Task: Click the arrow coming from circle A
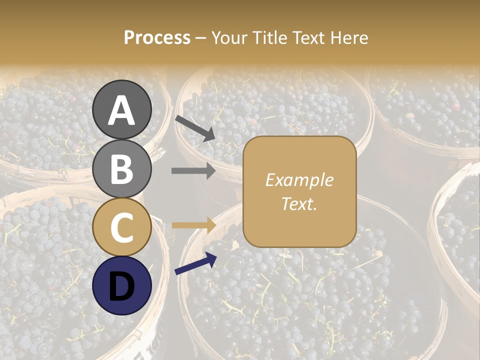[195, 128]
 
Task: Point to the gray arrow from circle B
[193, 171]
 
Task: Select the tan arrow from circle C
[193, 225]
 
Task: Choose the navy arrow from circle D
[195, 263]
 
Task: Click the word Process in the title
[157, 38]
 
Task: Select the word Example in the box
[299, 180]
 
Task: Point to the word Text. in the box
[299, 204]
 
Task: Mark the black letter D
[122, 286]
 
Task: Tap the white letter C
[122, 227]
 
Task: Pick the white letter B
[122, 169]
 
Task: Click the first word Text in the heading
[307, 38]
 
